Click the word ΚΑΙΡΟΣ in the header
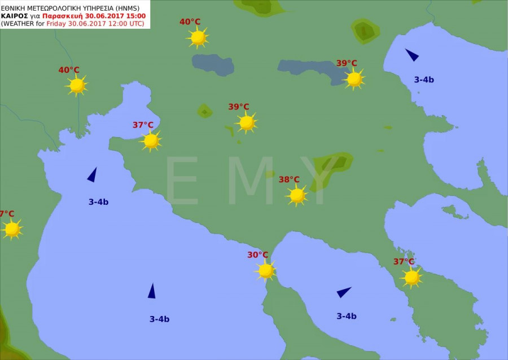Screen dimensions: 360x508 [14, 16]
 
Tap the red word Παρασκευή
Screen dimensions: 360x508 [63, 16]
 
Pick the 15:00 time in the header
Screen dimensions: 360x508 [135, 16]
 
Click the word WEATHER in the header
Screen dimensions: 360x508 [20, 23]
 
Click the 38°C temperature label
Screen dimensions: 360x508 [289, 179]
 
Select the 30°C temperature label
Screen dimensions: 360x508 [257, 255]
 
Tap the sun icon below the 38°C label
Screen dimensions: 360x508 [297, 195]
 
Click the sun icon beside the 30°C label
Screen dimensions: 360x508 [266, 271]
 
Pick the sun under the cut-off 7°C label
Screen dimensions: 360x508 [12, 229]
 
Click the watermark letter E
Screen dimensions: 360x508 [182, 181]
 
